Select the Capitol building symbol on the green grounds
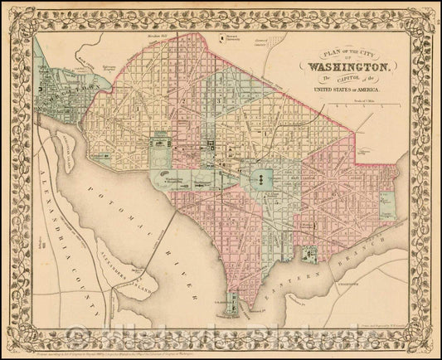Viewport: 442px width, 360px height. point(260,178)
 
